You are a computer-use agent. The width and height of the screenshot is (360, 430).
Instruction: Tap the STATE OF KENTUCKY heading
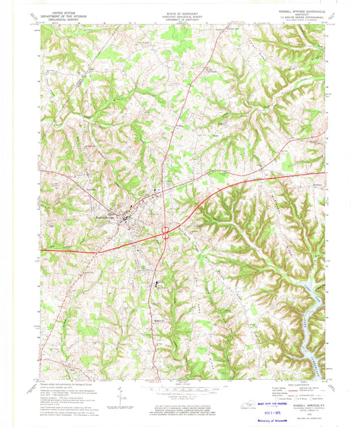(x=179, y=11)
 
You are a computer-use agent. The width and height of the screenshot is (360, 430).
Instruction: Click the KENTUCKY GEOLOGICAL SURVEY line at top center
(x=179, y=15)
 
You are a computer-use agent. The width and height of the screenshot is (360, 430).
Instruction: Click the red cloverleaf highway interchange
(x=165, y=233)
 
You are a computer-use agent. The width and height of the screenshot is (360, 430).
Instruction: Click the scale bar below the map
(x=179, y=387)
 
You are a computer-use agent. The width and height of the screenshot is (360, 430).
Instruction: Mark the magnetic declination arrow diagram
(x=120, y=393)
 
